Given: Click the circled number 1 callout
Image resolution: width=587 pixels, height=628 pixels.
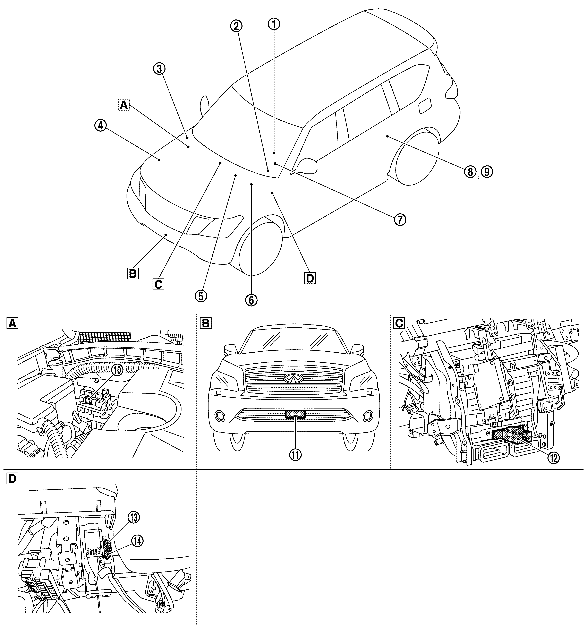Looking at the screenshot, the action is pyautogui.click(x=274, y=24).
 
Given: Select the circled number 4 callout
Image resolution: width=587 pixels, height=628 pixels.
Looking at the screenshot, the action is pyautogui.click(x=100, y=126).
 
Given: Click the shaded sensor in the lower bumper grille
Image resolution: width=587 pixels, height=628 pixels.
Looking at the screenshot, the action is pyautogui.click(x=295, y=414).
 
